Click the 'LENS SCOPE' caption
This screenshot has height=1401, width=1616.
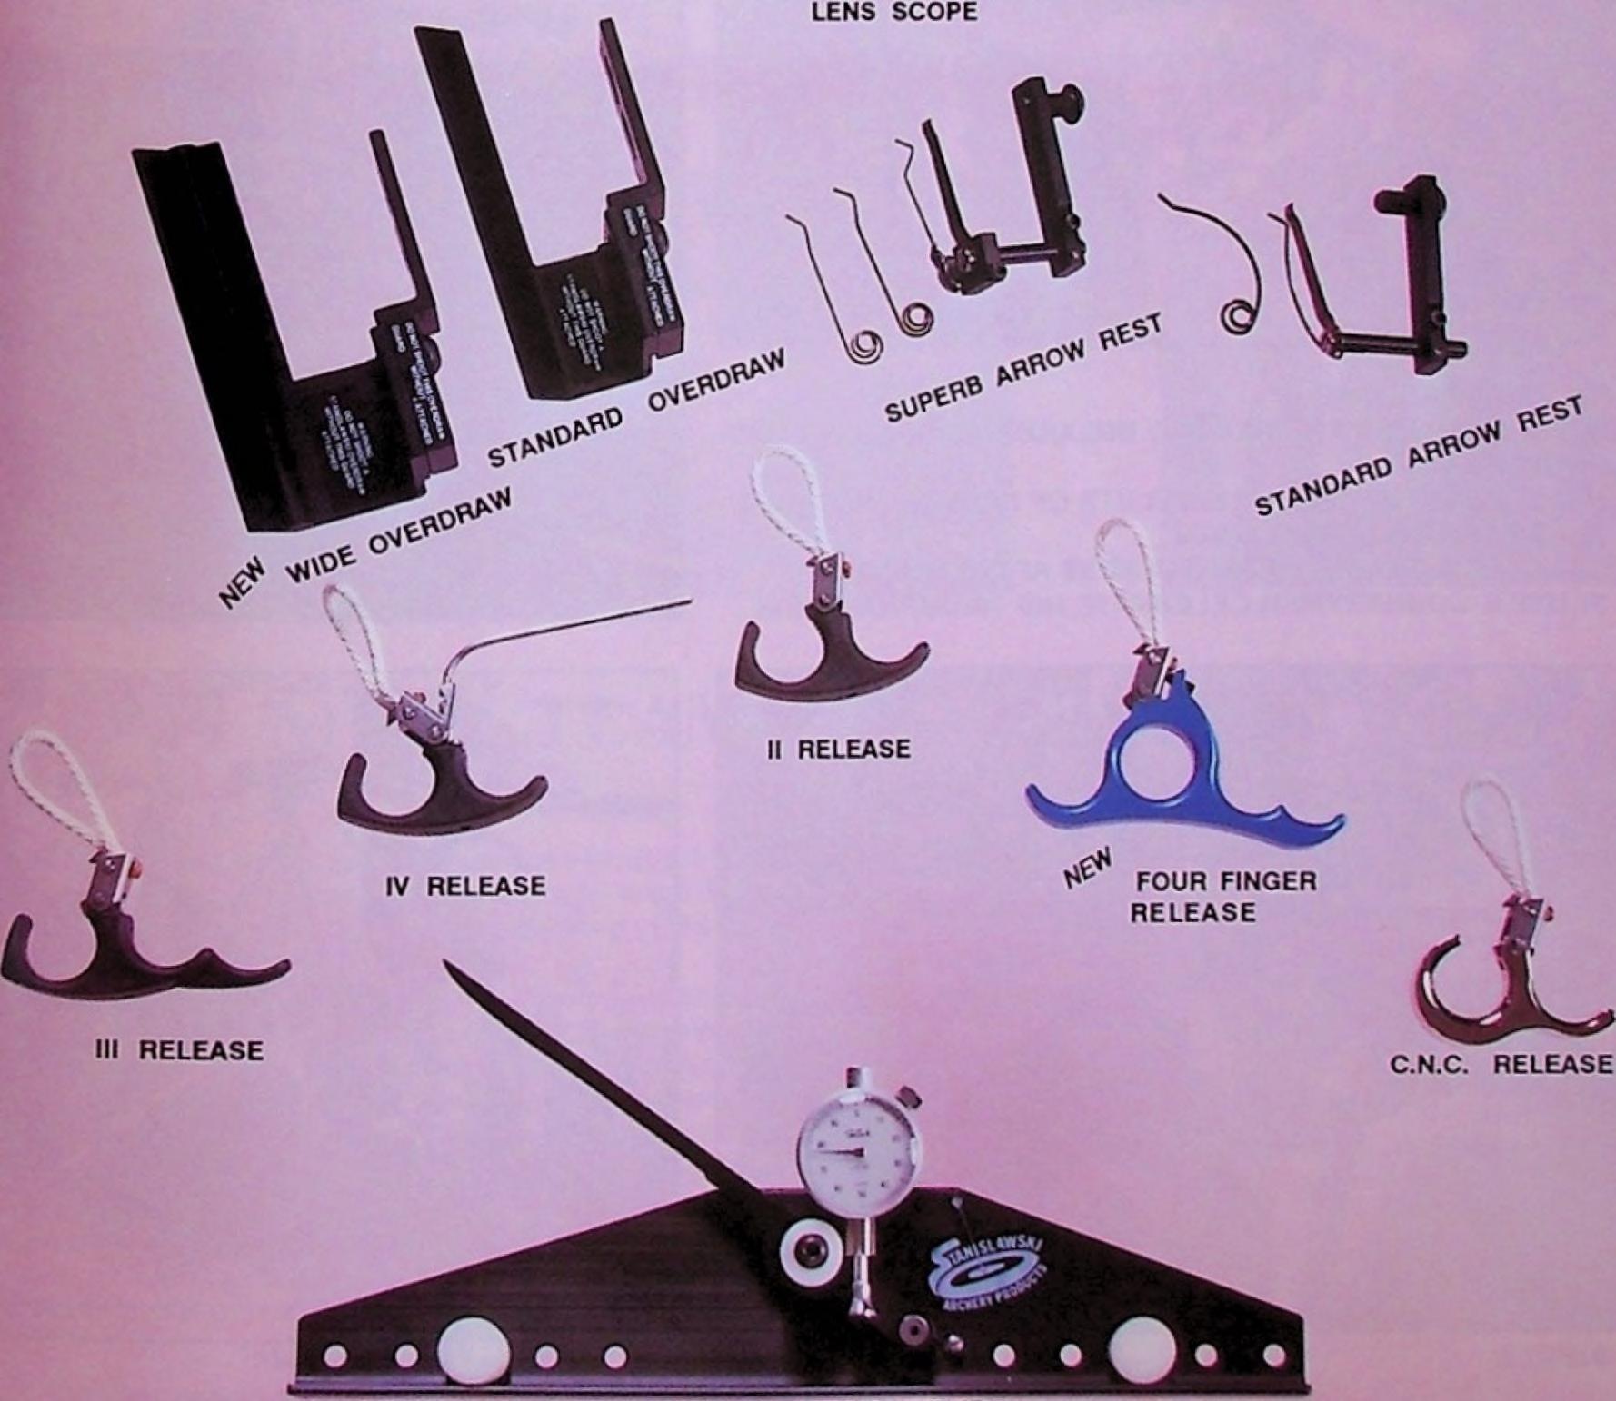pos(894,12)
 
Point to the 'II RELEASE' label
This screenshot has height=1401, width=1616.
pos(839,750)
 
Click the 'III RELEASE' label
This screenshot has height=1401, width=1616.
pos(179,1050)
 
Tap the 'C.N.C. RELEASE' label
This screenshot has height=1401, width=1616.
pos(1501,1064)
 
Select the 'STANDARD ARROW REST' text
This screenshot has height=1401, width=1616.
pos(1418,460)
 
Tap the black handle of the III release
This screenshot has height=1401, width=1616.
pos(136,963)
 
